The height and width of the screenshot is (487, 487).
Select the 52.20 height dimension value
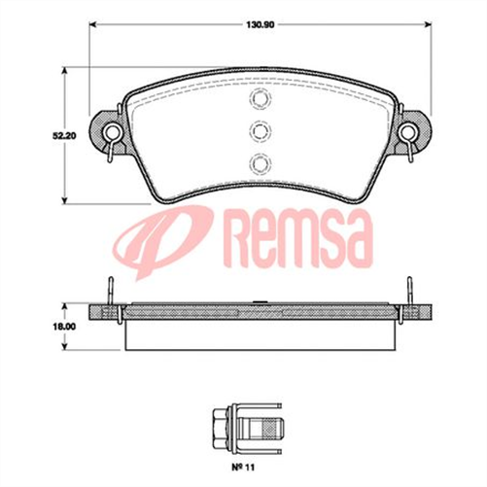tap(64, 136)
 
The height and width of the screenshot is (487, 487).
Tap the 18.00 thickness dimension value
tap(64, 327)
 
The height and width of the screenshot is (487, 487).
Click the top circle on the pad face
tap(260, 97)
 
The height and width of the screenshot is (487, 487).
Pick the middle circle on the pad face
tap(260, 131)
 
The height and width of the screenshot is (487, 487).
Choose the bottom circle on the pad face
tap(260, 163)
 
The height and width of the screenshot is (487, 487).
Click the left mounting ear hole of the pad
tap(112, 131)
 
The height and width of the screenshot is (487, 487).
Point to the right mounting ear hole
tap(407, 131)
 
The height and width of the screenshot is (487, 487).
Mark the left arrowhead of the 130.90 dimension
tap(93, 24)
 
